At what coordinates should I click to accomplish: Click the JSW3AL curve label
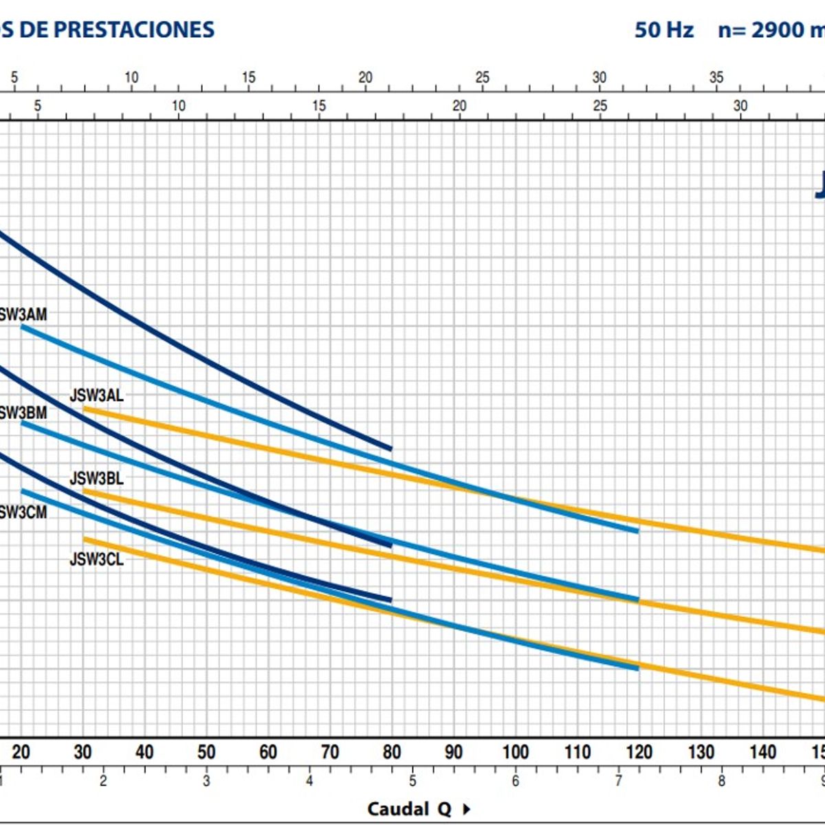click(97, 395)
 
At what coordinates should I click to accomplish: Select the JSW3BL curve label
click(97, 478)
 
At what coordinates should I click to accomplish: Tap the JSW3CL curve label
click(97, 560)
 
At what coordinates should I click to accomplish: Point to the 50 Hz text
click(663, 30)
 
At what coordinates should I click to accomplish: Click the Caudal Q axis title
click(409, 808)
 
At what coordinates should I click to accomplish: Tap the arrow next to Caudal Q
click(467, 809)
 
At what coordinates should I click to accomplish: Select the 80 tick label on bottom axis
click(392, 752)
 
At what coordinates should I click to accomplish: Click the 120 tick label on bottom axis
click(639, 752)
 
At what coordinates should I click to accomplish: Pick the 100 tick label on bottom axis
click(515, 752)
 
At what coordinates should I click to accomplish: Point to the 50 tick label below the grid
click(206, 752)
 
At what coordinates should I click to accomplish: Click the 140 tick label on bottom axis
click(762, 752)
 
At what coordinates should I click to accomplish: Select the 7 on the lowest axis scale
click(619, 781)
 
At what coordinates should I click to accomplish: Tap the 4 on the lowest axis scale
click(309, 781)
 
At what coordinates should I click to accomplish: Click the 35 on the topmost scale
click(716, 78)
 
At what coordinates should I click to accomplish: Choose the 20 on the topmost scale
click(365, 78)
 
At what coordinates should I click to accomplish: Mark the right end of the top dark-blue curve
click(390, 449)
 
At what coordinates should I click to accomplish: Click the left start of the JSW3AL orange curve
click(85, 409)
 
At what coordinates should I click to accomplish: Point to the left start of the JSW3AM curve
click(22, 327)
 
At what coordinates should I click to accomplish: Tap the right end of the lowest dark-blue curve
click(390, 599)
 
